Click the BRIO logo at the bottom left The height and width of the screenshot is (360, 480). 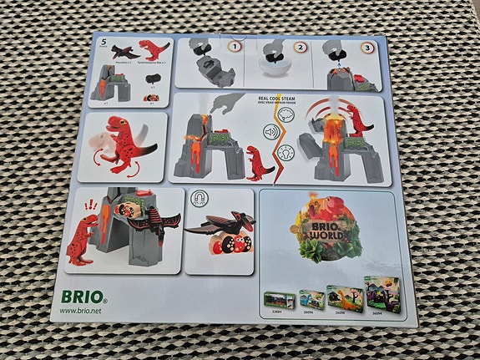[x=83, y=296]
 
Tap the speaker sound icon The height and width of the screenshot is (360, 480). [x=270, y=131]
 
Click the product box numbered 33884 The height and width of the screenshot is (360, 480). [x=276, y=299]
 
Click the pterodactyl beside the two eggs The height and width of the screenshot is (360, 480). [x=220, y=225]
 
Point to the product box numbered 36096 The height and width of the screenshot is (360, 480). [x=311, y=298]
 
